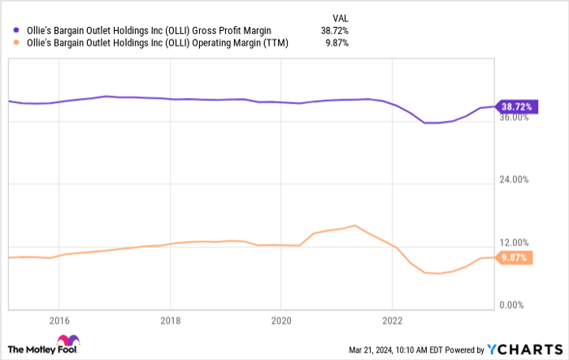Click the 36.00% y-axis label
514,117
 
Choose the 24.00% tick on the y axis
514,180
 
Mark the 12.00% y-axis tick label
514,242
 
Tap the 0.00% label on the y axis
516,305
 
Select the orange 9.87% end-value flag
515,258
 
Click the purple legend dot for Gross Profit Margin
16,31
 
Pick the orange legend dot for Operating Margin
16,43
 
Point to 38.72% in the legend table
332,31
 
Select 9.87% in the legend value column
335,43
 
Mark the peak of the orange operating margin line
354,225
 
